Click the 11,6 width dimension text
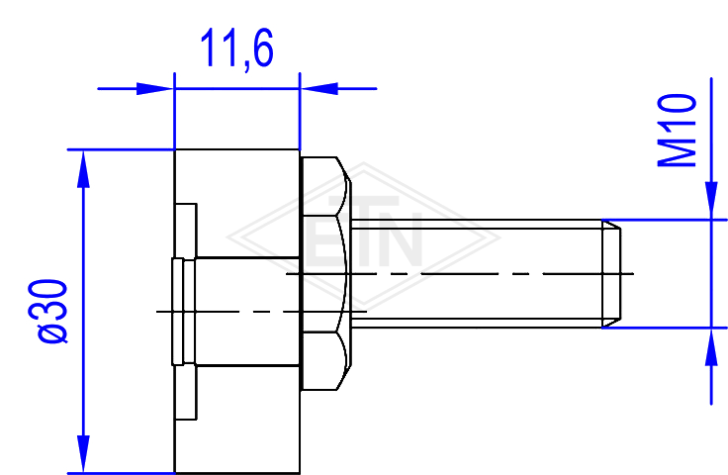click(x=236, y=48)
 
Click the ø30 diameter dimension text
click(x=47, y=312)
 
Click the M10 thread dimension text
click(x=677, y=131)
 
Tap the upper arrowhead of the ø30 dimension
click(x=83, y=169)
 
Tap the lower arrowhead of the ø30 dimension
click(x=83, y=454)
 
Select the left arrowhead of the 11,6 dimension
click(x=154, y=88)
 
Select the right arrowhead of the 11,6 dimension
click(x=318, y=88)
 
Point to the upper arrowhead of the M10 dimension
click(x=711, y=200)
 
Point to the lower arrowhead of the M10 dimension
click(x=711, y=346)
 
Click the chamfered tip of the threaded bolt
click(x=611, y=274)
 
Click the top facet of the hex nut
click(x=325, y=186)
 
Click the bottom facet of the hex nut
click(x=325, y=361)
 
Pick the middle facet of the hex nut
click(x=324, y=273)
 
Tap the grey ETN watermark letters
click(x=364, y=232)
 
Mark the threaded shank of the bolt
click(x=477, y=274)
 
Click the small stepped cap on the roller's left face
click(x=183, y=312)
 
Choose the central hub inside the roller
click(x=247, y=312)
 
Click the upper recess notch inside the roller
click(x=186, y=231)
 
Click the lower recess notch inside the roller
click(x=186, y=393)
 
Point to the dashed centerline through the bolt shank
click(x=460, y=274)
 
